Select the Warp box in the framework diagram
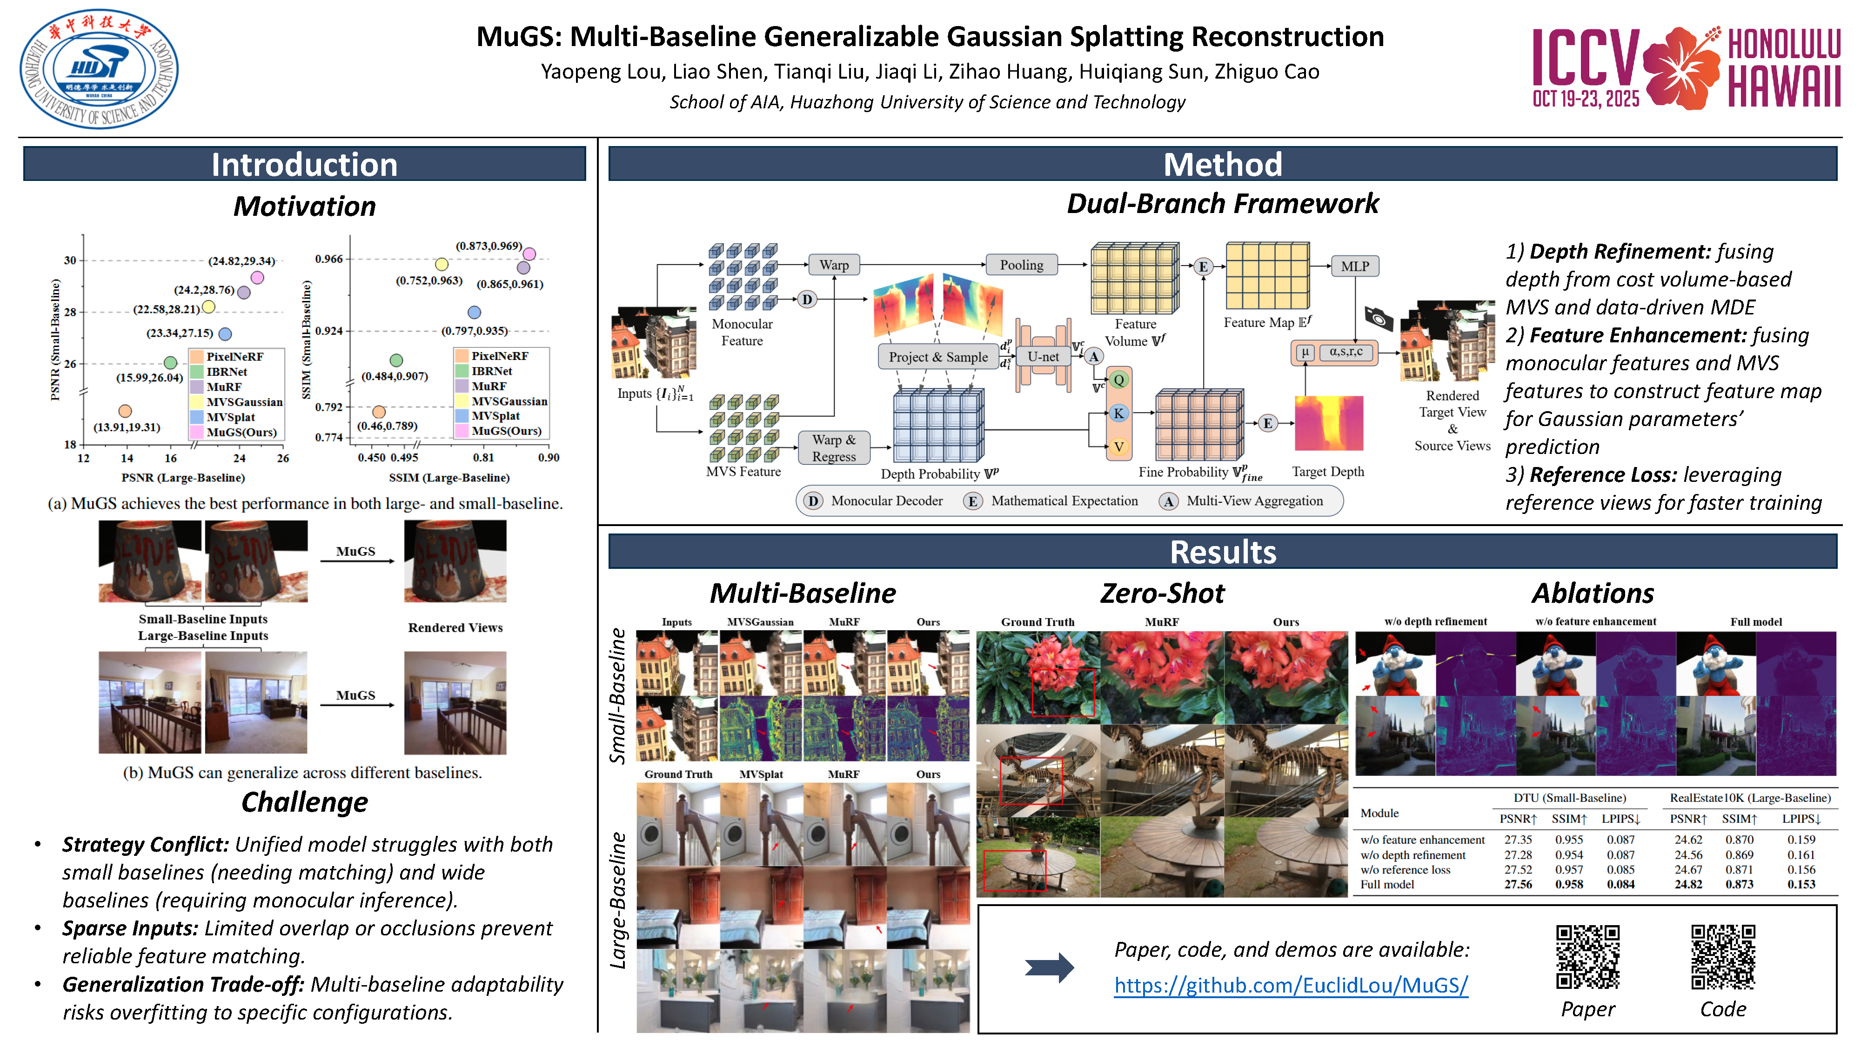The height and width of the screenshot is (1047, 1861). click(834, 265)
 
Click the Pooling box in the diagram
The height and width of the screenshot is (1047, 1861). click(1021, 265)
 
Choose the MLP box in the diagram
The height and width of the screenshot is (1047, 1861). click(1354, 267)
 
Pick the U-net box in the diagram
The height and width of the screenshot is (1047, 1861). click(1043, 357)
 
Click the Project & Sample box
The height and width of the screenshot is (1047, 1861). click(938, 357)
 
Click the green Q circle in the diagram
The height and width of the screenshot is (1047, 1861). click(1118, 380)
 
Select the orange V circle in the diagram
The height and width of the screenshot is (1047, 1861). click(1118, 447)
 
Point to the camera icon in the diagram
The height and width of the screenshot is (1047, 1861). click(1379, 318)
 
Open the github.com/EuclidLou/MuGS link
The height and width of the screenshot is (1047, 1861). click(1290, 985)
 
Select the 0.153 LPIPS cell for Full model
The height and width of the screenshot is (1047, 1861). click(1801, 885)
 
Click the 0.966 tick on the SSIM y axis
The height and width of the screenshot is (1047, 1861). click(329, 259)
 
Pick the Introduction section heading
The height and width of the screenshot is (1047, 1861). click(304, 165)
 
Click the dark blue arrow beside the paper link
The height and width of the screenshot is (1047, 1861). click(1049, 967)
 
